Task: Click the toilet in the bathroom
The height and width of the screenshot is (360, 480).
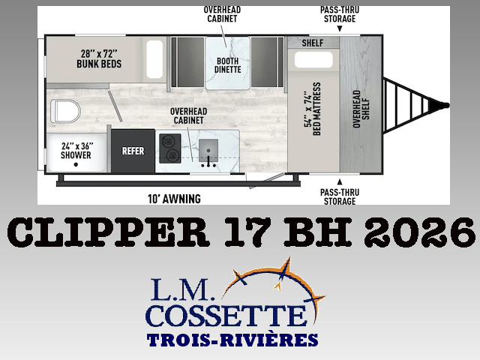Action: [x=65, y=111]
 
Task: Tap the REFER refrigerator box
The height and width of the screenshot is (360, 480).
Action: [x=133, y=151]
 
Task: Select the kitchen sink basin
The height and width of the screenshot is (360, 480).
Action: [x=208, y=150]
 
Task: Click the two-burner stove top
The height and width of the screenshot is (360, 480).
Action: [x=170, y=148]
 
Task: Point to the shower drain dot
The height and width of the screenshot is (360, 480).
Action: [x=76, y=164]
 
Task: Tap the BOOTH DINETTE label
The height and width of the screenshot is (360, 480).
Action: [x=227, y=65]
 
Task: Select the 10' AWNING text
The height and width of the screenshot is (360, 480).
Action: [x=174, y=199]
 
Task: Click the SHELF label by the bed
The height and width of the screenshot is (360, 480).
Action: [x=313, y=43]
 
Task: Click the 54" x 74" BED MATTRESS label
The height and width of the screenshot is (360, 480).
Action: [x=312, y=109]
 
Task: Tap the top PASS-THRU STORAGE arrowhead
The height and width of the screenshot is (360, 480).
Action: [x=340, y=29]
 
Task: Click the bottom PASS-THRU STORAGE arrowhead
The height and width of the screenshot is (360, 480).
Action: [x=340, y=182]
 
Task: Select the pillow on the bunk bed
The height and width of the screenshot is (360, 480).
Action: [x=154, y=59]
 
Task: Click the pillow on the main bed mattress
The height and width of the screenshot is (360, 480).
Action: [x=313, y=60]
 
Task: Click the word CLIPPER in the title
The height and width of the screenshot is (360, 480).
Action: [x=108, y=232]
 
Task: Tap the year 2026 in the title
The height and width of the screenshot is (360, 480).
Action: [x=419, y=232]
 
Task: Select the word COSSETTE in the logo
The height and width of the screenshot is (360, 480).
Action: [x=226, y=315]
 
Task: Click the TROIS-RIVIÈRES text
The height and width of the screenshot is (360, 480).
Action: [x=232, y=340]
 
